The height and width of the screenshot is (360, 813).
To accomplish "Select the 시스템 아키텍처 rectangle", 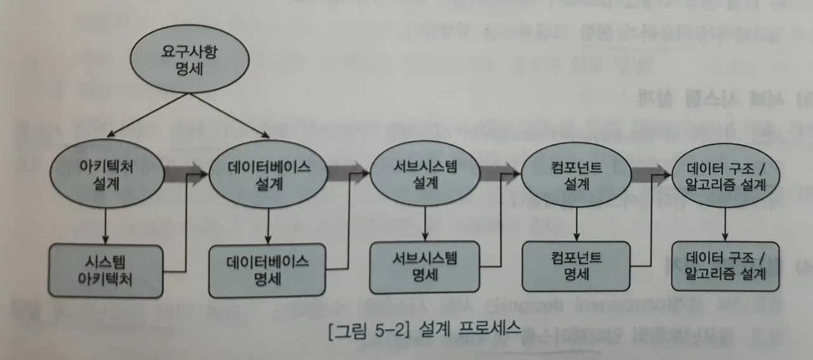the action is [107, 270].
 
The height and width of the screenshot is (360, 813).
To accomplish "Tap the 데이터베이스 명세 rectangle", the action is [268, 270].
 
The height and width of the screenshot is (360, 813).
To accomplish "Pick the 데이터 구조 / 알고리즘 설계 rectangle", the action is [726, 266].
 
